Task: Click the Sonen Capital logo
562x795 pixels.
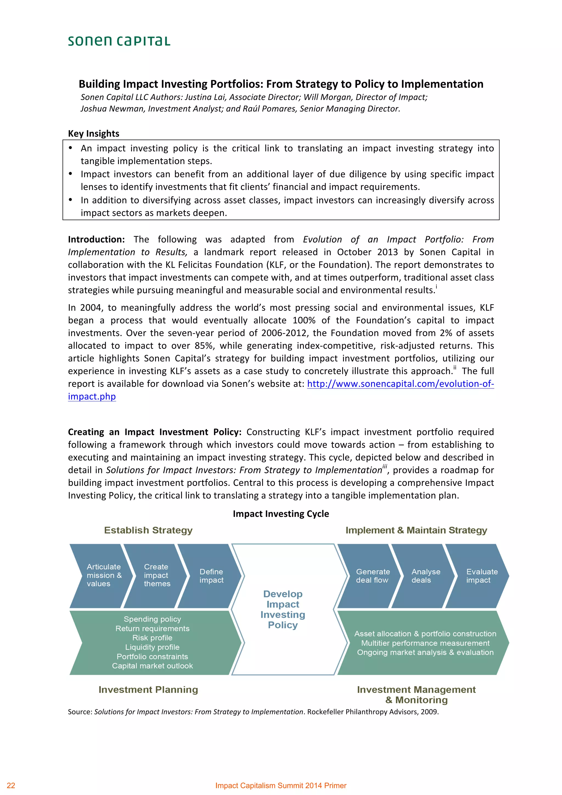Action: point(119,41)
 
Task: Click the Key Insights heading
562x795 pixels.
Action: point(94,133)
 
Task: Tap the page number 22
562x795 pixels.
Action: point(11,785)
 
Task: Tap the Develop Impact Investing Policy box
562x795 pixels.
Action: point(283,609)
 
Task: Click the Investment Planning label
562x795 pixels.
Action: point(148,689)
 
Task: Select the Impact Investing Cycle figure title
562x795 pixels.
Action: point(281,514)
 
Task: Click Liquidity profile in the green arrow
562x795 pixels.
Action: point(152,647)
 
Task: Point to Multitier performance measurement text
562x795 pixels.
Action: point(425,643)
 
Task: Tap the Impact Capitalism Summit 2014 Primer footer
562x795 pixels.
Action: point(281,785)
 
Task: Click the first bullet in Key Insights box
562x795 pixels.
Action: point(71,148)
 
